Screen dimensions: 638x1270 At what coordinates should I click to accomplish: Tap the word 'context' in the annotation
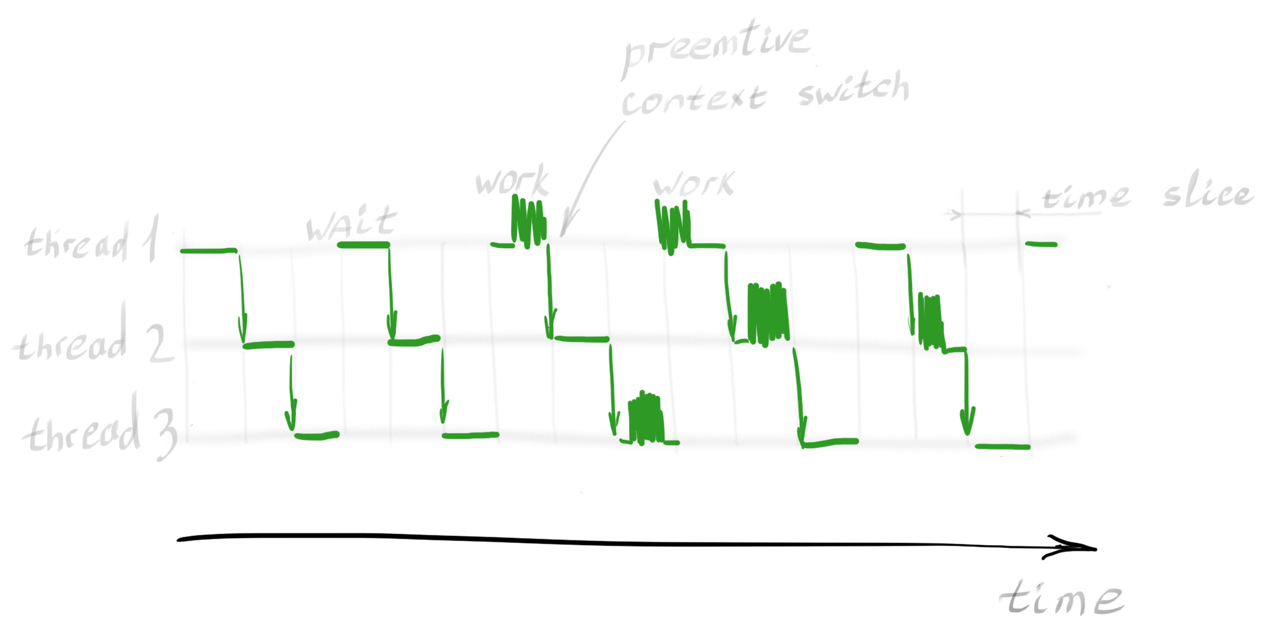(x=694, y=99)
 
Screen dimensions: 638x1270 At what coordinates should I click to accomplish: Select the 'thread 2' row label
(x=92, y=342)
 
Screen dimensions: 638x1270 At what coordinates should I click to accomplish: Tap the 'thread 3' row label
(x=99, y=430)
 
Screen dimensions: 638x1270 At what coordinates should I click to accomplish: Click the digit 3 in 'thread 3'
(x=165, y=434)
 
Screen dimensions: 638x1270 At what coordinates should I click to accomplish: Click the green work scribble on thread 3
(x=646, y=418)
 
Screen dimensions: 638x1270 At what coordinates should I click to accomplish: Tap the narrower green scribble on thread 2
(x=930, y=322)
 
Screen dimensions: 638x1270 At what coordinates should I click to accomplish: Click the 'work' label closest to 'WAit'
(x=511, y=181)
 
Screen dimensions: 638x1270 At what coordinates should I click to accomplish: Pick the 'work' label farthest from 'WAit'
(x=693, y=184)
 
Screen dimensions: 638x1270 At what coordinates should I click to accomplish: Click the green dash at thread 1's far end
(x=1041, y=244)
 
